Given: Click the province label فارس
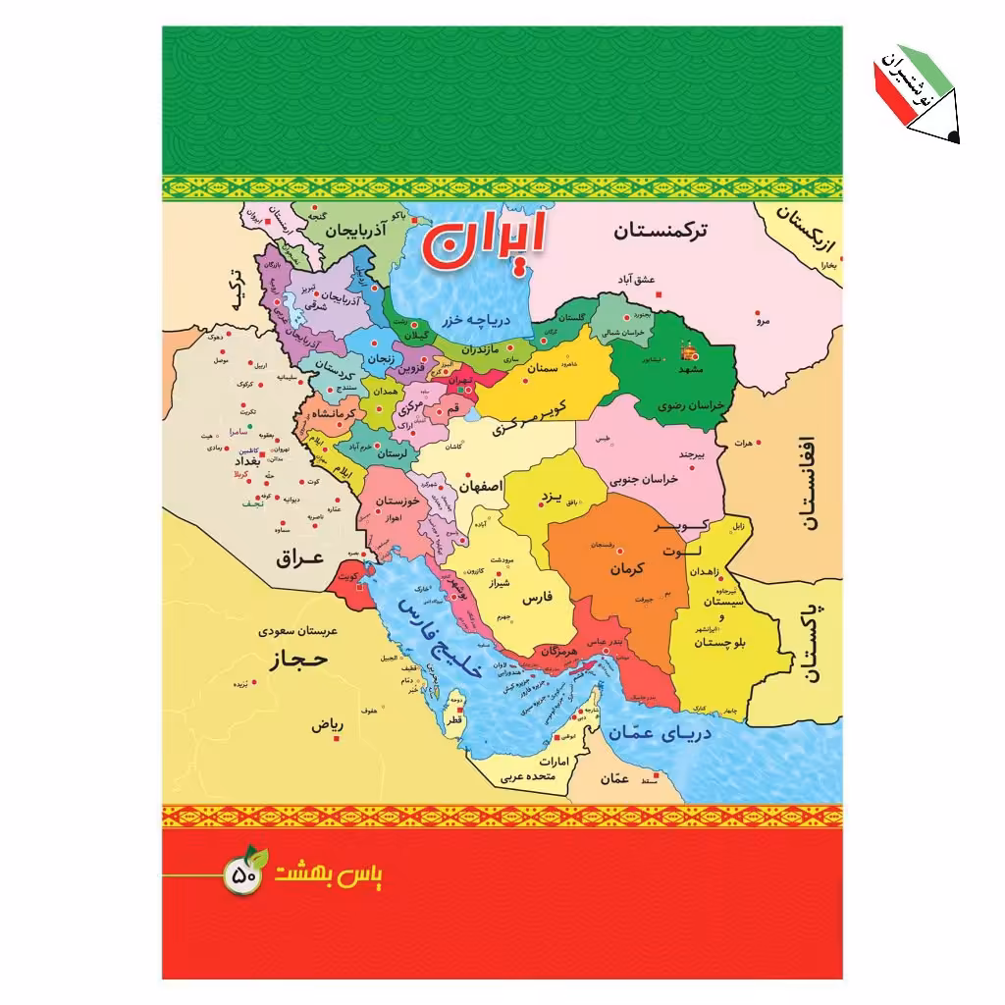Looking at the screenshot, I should point(537,597).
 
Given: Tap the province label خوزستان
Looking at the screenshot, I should point(403,501).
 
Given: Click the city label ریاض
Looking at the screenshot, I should point(327,726).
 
